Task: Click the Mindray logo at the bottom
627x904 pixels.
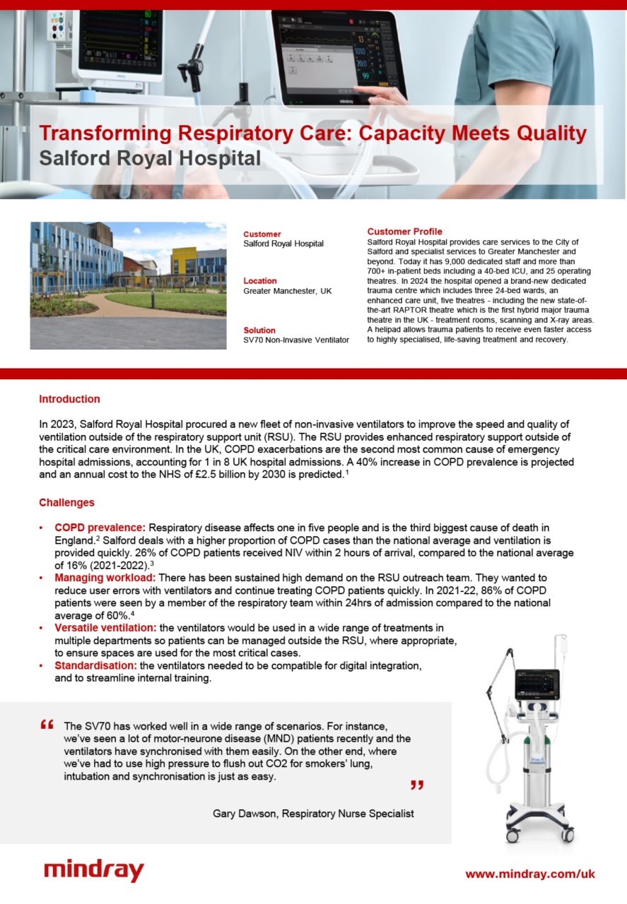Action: [x=93, y=870]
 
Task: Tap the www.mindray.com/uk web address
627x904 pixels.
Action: [x=529, y=874]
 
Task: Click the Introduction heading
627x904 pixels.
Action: [x=69, y=399]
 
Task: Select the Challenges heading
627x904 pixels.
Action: [x=66, y=503]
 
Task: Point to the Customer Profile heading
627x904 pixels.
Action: [x=404, y=232]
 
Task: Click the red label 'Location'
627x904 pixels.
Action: [x=260, y=281]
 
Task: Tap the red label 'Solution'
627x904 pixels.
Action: [x=259, y=331]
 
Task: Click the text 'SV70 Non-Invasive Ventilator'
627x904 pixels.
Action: [x=295, y=340]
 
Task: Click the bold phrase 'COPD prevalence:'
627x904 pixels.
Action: [x=100, y=528]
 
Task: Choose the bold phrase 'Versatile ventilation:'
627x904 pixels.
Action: [x=106, y=628]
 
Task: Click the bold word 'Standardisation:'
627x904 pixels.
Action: [x=95, y=666]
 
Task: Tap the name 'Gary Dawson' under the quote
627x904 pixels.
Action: [x=245, y=814]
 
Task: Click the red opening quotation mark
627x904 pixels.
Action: [x=47, y=725]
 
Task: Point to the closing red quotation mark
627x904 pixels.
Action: [x=416, y=785]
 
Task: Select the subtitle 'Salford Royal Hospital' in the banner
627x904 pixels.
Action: [x=149, y=157]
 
